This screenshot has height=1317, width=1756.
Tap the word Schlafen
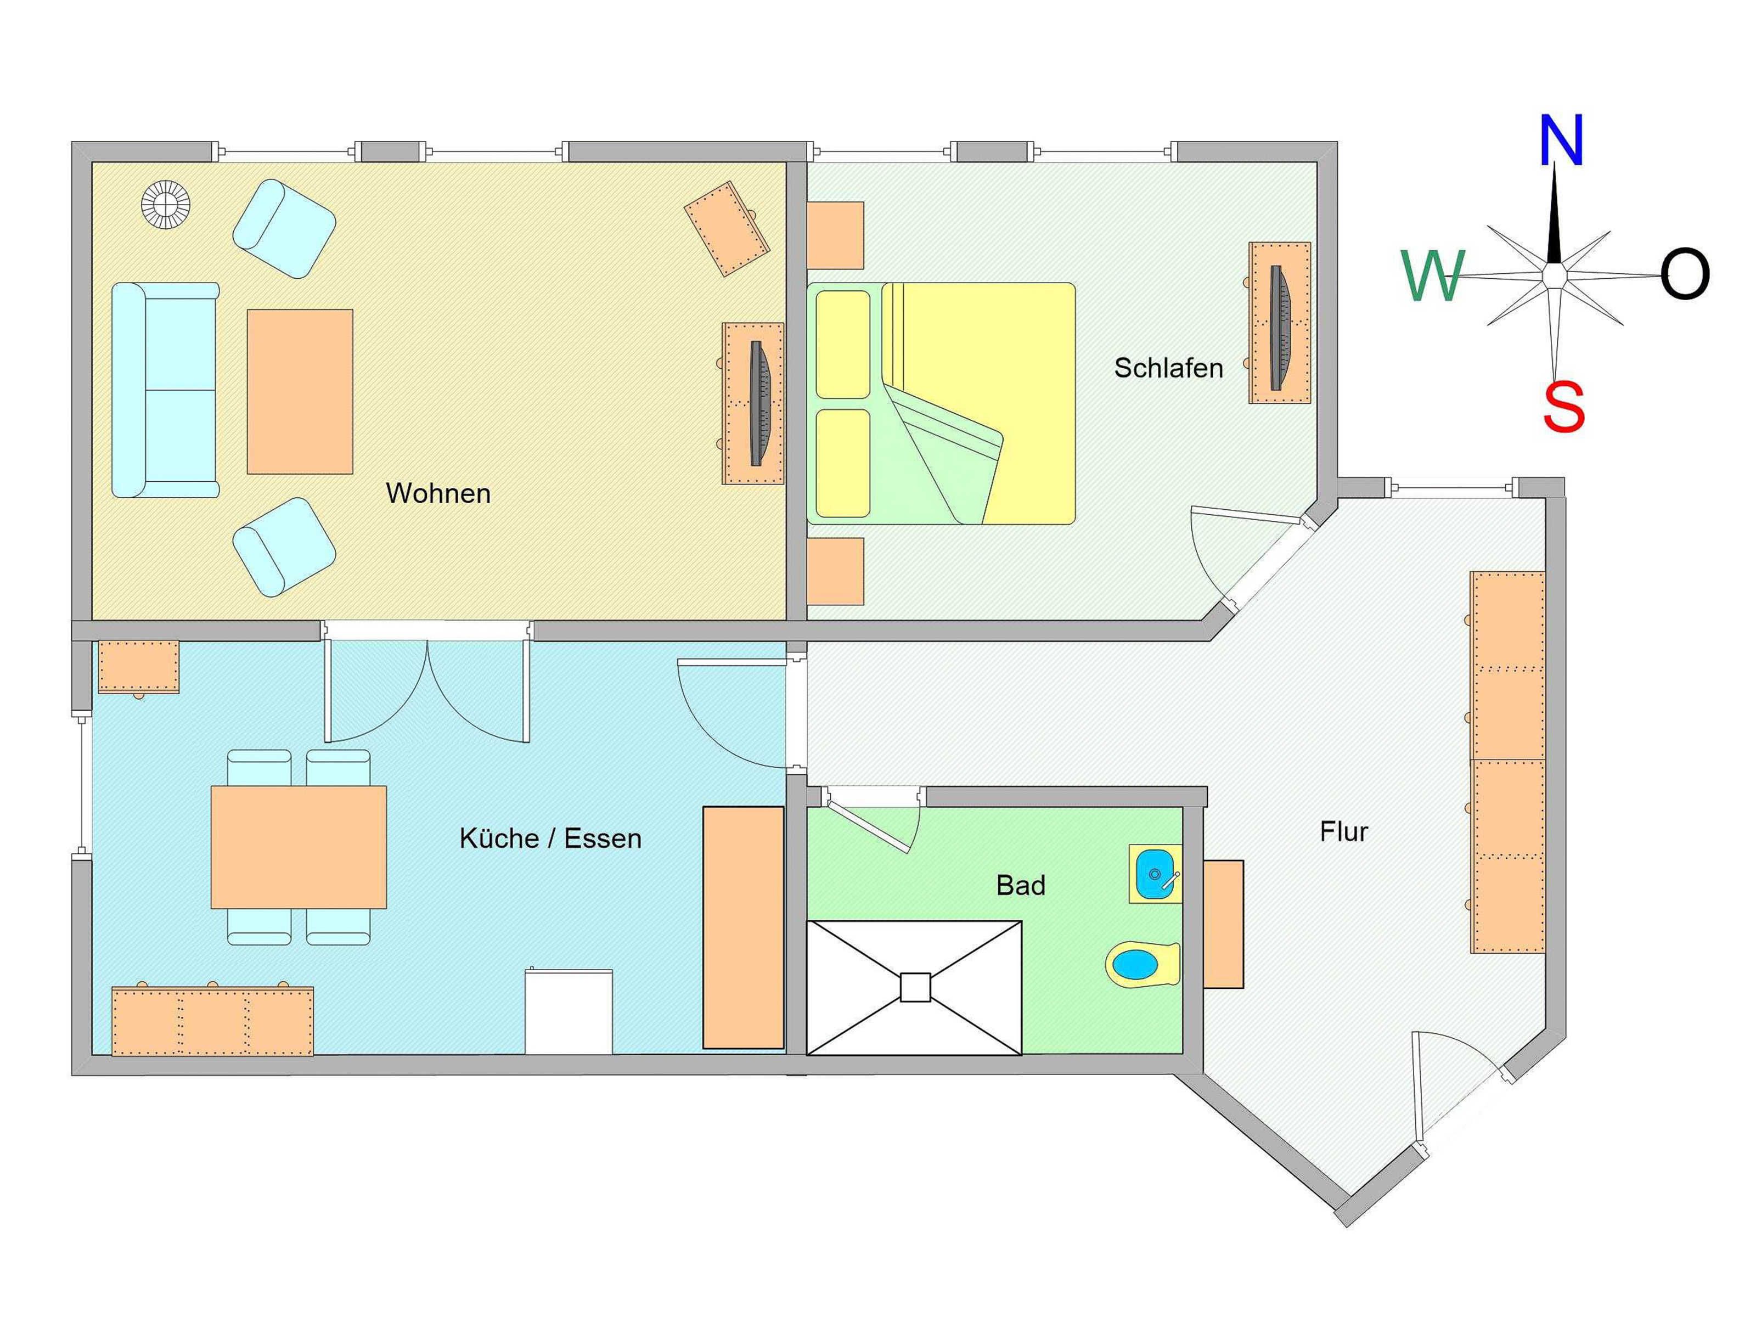(x=1168, y=368)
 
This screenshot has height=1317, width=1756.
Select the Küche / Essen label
(x=550, y=838)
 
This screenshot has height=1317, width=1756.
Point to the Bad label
(x=1021, y=885)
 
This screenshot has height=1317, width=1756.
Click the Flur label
(x=1344, y=832)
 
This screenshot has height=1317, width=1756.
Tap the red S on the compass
(x=1563, y=406)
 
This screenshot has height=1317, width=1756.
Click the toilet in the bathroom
(x=1142, y=965)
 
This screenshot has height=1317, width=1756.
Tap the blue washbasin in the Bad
(x=1155, y=873)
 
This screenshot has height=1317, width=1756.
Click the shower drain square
(x=915, y=988)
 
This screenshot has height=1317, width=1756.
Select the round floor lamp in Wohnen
(x=166, y=205)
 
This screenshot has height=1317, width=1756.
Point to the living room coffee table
(x=300, y=391)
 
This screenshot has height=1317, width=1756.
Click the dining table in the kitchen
(x=299, y=847)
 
